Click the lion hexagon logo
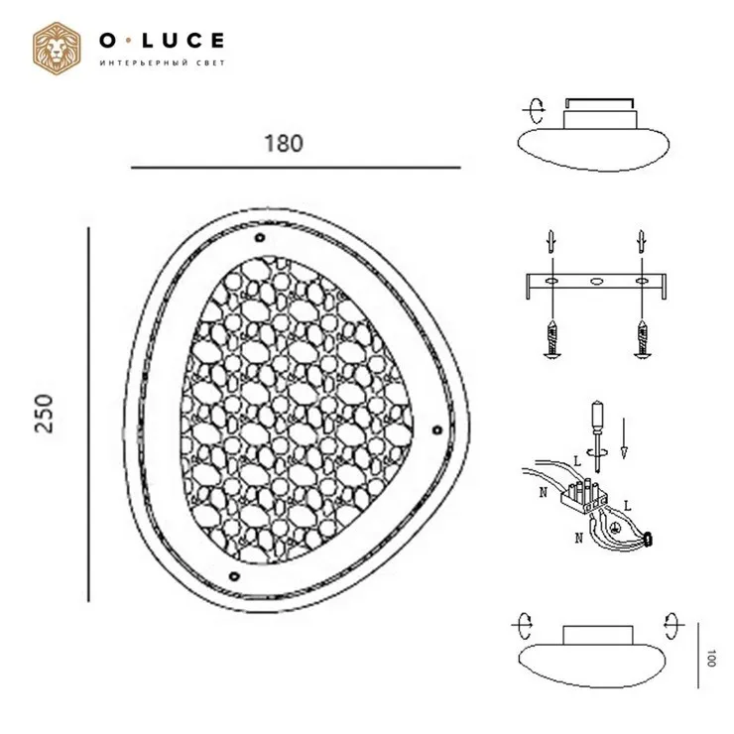pos(57,49)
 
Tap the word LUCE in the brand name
pos(183,41)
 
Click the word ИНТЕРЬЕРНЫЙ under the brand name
pos(144,62)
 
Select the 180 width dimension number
pos(284,143)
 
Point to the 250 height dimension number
pos(45,414)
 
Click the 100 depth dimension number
pos(711,658)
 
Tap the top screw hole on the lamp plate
pos(260,238)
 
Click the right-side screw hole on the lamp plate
pos(436,429)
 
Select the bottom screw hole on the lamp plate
pos(233,575)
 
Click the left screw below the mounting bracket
pos(552,338)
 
